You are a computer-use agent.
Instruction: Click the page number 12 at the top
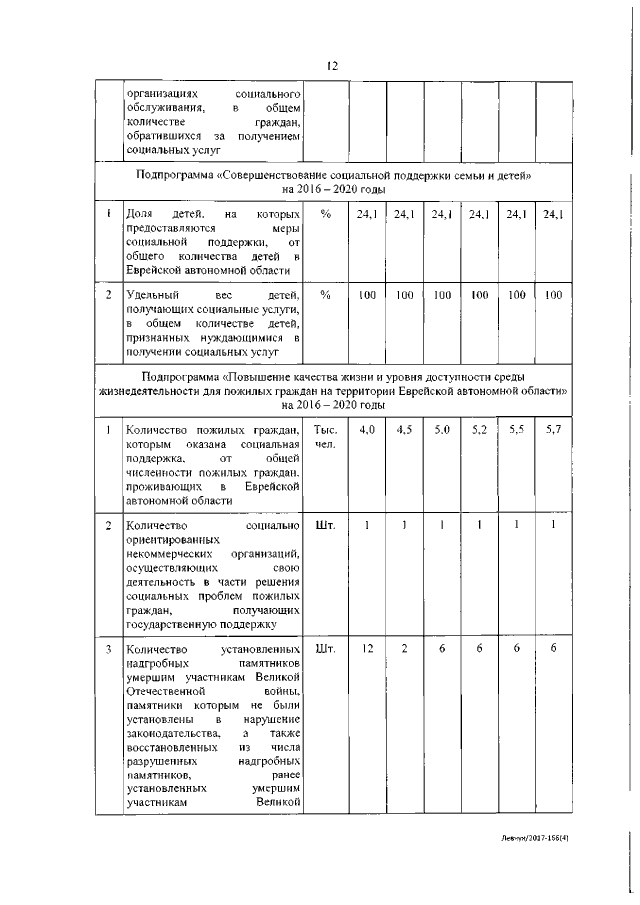[332, 65]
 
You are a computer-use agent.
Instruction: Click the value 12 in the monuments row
[367, 650]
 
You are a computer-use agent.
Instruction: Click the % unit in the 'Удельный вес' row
[325, 295]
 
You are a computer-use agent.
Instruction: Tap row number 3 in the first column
[108, 650]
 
